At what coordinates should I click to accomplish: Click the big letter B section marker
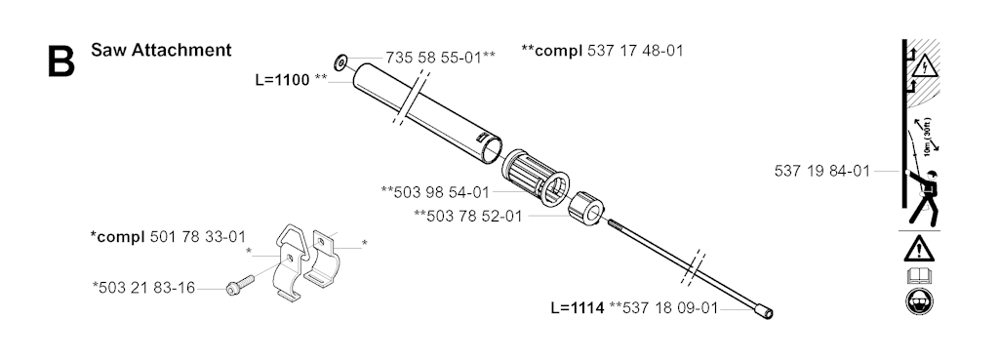61,60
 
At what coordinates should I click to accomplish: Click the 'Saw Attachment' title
161,50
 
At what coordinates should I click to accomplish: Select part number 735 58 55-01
433,58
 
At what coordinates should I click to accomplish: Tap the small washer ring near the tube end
340,62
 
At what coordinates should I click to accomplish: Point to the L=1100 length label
282,80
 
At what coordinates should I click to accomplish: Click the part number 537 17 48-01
634,51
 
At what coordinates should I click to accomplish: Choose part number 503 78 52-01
475,216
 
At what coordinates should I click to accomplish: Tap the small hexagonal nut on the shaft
585,207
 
